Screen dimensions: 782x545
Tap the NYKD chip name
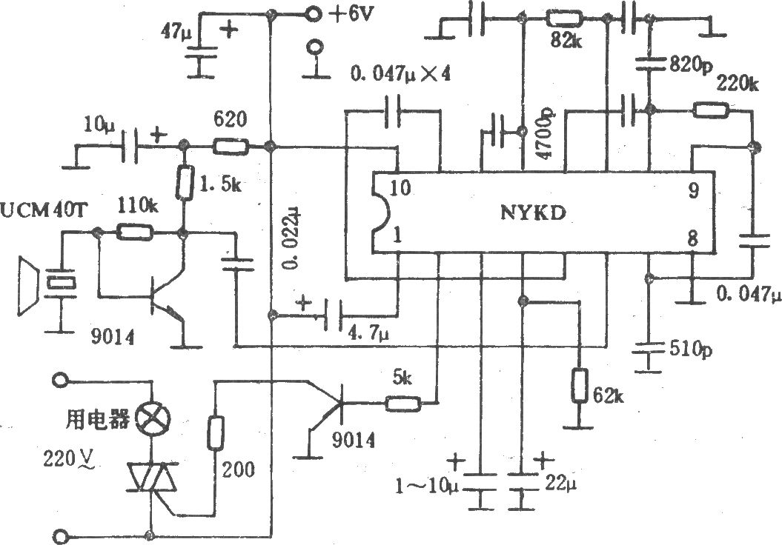tap(534, 213)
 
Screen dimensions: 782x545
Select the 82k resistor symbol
tap(565, 19)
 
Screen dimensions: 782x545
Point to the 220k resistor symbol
tap(711, 110)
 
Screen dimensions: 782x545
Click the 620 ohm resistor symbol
tap(231, 147)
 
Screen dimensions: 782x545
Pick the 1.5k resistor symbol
tap(184, 184)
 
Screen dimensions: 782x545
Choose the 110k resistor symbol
tap(134, 232)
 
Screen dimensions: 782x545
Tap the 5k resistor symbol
tap(403, 403)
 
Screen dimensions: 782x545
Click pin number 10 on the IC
tap(401, 188)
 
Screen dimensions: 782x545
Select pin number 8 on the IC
tap(693, 239)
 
